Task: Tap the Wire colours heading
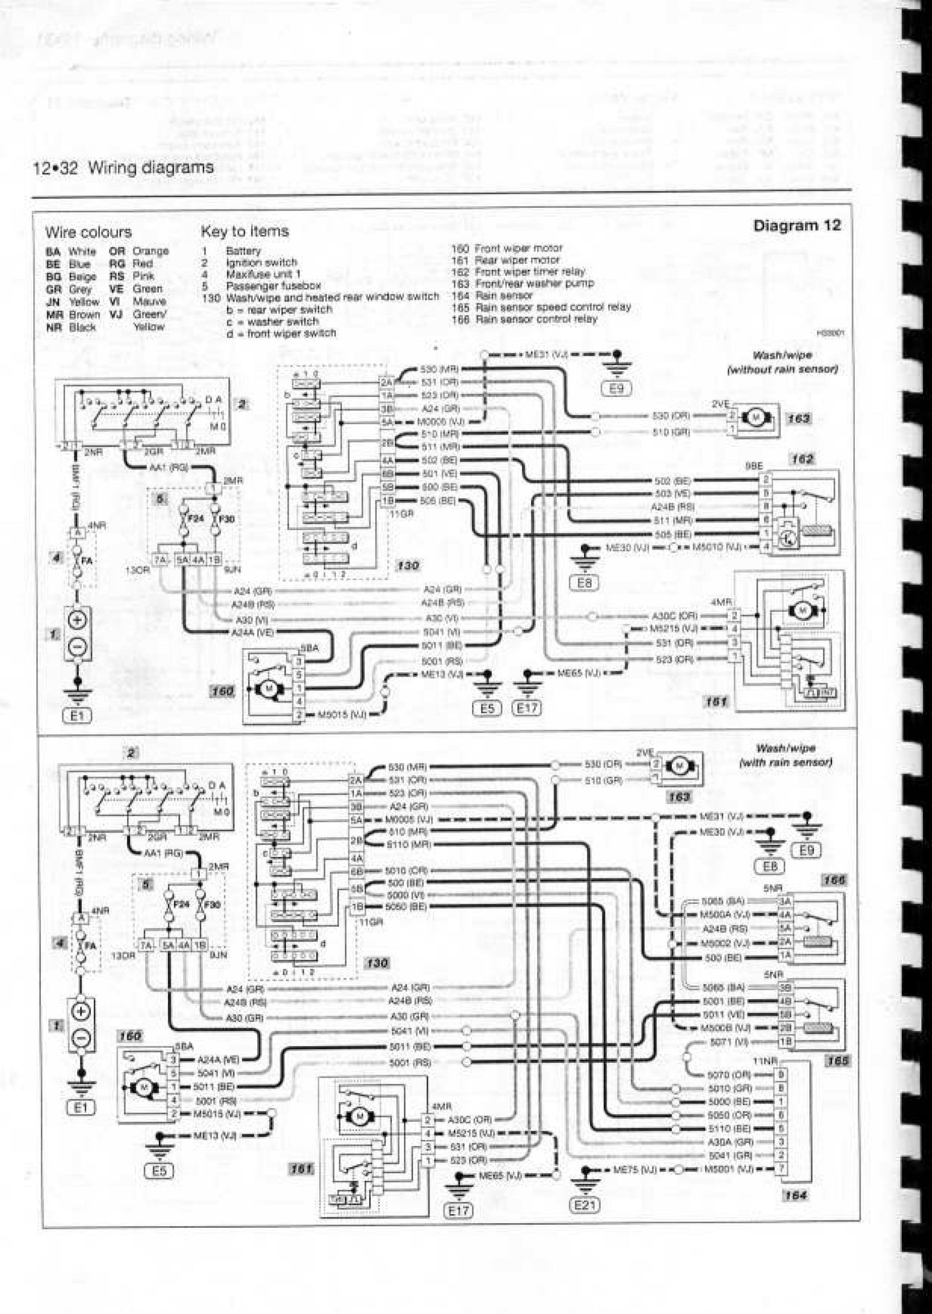(x=89, y=232)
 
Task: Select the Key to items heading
(x=245, y=231)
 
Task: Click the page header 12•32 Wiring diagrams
(x=123, y=168)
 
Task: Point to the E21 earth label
(x=584, y=1190)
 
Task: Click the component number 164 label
(x=795, y=1195)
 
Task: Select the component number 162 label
(x=802, y=459)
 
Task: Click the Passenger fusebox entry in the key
(x=273, y=285)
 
